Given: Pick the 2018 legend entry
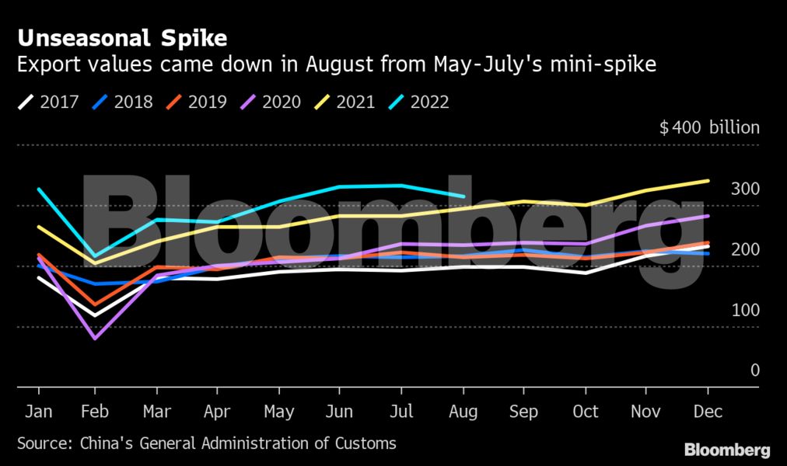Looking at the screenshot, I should click(122, 102).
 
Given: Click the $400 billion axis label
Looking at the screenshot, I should click(709, 128).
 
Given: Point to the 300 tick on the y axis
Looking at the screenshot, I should click(745, 189).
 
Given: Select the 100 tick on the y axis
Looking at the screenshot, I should click(745, 310).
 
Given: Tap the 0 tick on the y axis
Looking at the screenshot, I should click(752, 370).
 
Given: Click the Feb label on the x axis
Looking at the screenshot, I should click(96, 412).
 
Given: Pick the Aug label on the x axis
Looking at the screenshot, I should click(463, 412).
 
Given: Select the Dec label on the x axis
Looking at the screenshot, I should click(708, 412).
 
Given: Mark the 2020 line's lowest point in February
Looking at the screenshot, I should click(96, 339).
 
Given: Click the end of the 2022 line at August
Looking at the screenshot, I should click(463, 196).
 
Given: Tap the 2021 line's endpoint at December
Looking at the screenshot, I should click(708, 181).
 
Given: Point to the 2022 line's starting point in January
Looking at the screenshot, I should click(39, 189).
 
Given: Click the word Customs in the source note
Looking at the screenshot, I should click(366, 444).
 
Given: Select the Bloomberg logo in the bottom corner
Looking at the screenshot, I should click(727, 450).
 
